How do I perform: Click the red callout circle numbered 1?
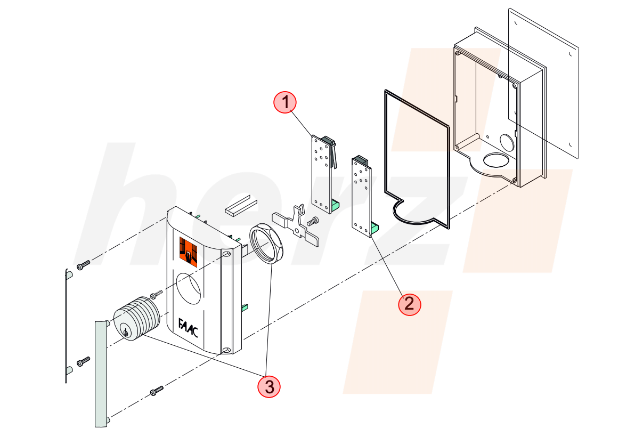coord(285,102)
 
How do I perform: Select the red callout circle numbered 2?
coord(409,305)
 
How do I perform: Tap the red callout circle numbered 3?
coord(269,386)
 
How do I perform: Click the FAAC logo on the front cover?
coord(188,328)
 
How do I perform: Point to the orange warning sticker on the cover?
coord(188,252)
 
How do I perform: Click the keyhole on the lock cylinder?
coord(125,333)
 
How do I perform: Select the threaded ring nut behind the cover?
coord(266,243)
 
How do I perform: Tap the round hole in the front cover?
coord(189,288)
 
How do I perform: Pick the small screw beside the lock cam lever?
coord(313,221)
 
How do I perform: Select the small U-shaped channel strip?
coord(241,206)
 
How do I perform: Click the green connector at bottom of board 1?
coord(335,205)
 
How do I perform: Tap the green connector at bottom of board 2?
coord(375,228)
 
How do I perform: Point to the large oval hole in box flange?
coord(496,160)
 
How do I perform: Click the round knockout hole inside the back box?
coord(508,142)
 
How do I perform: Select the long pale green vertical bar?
coord(101,374)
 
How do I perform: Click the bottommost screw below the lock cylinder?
coord(157,391)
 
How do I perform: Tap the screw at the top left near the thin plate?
coord(83,265)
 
